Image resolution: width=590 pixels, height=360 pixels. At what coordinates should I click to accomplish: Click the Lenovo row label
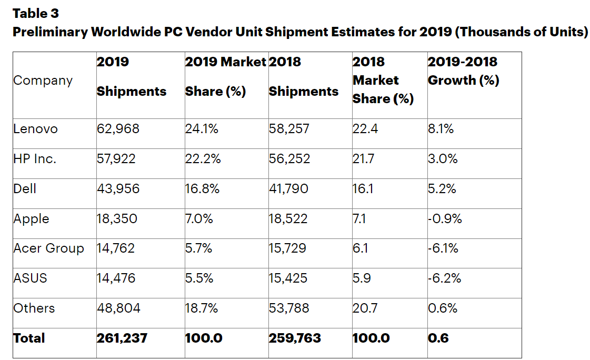tap(35, 129)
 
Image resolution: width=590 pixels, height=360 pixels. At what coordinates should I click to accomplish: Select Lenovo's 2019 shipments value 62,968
tap(118, 129)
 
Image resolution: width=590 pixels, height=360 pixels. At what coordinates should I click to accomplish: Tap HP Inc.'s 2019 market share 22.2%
tap(203, 159)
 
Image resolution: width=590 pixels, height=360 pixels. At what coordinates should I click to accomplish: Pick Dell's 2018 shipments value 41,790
tap(289, 189)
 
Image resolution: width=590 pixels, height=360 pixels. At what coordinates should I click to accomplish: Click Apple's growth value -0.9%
tap(445, 219)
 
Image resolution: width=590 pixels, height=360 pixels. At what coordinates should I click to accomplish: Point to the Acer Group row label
tap(48, 248)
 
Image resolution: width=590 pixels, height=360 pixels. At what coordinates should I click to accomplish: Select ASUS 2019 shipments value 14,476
tap(116, 278)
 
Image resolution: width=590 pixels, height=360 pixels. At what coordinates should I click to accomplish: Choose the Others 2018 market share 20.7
tap(365, 308)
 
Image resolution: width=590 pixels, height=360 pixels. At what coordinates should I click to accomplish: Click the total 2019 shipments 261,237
tap(122, 338)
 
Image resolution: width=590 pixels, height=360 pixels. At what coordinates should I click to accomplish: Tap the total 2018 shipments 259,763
tap(295, 338)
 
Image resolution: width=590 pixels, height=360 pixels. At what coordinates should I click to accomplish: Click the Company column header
tap(43, 81)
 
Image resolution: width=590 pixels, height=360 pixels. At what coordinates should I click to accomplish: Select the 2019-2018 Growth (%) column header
tap(463, 72)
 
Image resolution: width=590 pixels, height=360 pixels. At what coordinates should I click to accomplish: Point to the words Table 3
tap(35, 13)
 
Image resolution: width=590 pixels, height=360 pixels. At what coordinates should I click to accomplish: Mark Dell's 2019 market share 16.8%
tap(202, 189)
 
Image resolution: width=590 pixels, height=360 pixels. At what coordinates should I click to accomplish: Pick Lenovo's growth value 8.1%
tap(441, 129)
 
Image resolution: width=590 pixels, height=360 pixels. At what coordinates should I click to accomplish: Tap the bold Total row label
tap(29, 338)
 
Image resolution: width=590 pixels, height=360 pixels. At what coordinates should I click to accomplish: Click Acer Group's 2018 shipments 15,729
tap(287, 248)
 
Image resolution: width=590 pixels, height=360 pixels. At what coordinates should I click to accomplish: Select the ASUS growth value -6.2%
tap(445, 278)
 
